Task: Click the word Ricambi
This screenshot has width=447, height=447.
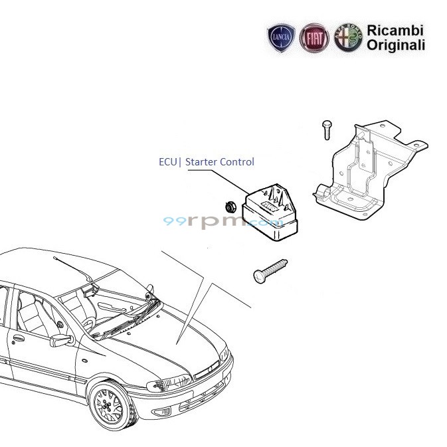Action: [x=395, y=31]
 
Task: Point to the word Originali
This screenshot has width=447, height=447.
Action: [x=396, y=46]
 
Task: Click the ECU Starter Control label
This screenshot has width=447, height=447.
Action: [x=207, y=161]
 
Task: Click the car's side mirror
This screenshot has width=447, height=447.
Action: [x=62, y=340]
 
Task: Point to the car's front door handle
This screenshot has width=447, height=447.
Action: [x=18, y=337]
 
